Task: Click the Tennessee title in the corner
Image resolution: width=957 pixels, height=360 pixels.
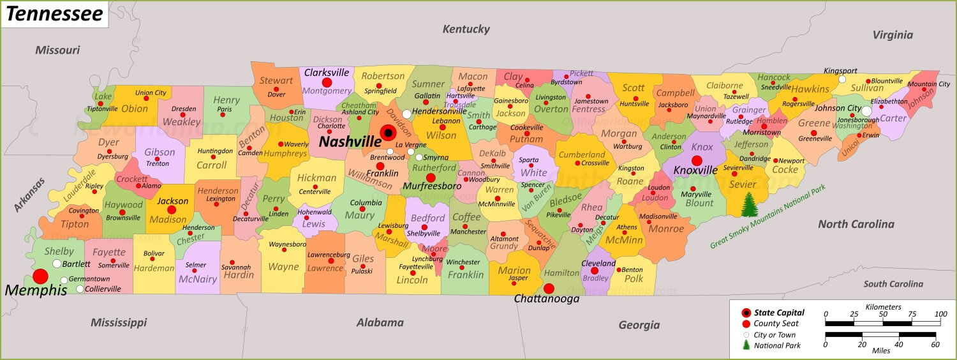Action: tap(54, 14)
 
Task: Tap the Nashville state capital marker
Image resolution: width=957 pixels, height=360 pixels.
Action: tap(387, 133)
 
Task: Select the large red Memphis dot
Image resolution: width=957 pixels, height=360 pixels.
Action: tap(40, 276)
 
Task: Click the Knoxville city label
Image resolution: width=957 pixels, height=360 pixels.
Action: tap(695, 170)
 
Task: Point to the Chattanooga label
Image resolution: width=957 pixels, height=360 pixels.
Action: tap(547, 298)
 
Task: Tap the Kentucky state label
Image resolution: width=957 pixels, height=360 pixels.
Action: tap(466, 29)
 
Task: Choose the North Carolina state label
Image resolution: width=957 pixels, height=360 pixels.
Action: tap(856, 224)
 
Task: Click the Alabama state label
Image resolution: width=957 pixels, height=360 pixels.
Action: tap(380, 322)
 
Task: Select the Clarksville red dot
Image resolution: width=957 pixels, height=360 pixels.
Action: tap(327, 82)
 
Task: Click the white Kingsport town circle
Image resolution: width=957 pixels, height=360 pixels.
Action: tap(842, 80)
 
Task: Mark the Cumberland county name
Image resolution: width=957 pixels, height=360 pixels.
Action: tap(582, 154)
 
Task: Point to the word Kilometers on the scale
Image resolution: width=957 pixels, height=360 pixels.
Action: tap(883, 307)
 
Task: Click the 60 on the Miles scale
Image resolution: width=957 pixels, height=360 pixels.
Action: tap(935, 345)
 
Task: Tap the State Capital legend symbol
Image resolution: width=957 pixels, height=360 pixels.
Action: tap(746, 313)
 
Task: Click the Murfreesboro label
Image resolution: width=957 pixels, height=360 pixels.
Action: tap(431, 186)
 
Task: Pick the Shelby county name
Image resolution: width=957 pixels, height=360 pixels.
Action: tap(59, 251)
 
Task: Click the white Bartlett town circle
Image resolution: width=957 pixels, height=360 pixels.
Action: tap(57, 264)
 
